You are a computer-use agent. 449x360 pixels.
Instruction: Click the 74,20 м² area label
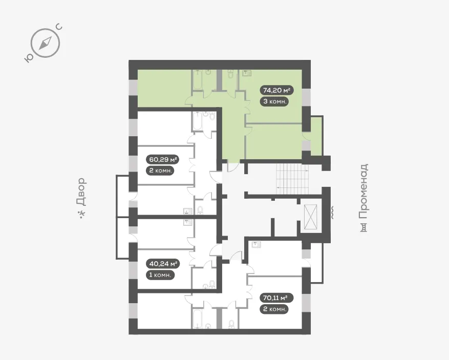click(x=277, y=91)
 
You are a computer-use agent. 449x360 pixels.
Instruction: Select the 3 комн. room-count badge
click(x=274, y=101)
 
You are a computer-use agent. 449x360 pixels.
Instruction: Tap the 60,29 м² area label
click(x=163, y=159)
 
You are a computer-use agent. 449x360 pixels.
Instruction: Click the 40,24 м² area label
click(x=163, y=264)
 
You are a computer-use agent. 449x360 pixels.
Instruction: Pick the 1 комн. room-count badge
click(x=160, y=275)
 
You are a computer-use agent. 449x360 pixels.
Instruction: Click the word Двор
click(x=81, y=192)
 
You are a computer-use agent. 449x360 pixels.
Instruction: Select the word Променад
click(x=364, y=191)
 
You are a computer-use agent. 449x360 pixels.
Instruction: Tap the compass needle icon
click(x=45, y=43)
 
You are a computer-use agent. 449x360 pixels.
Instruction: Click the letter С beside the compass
click(x=59, y=27)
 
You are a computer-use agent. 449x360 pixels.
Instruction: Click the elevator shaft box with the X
click(x=310, y=217)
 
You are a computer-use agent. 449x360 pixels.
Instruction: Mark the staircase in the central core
click(x=292, y=179)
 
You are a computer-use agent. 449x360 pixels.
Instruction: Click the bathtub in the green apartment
click(x=198, y=79)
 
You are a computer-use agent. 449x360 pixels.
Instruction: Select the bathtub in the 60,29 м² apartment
click(x=198, y=121)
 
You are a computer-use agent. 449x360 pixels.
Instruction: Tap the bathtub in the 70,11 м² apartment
click(x=198, y=319)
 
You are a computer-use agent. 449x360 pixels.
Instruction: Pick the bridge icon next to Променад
click(x=364, y=228)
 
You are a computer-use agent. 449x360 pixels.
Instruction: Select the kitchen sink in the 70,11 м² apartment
click(x=256, y=245)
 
